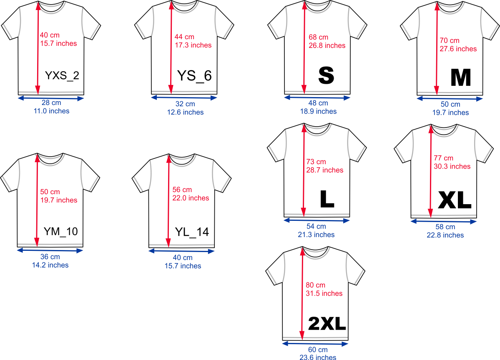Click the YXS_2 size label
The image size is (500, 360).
(62, 76)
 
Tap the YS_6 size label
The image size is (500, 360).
(194, 76)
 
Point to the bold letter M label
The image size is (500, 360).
(461, 77)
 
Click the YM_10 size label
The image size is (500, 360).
(60, 232)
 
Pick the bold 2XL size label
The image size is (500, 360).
(327, 323)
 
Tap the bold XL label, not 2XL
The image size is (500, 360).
(454, 201)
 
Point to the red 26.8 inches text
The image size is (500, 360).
(327, 45)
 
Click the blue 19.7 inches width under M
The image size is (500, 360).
(450, 112)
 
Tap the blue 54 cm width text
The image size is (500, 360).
(316, 226)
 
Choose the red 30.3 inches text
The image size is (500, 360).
(452, 166)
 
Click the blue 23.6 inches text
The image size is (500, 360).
(318, 357)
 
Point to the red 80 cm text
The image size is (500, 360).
(316, 285)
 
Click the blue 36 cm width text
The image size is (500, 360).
(50, 257)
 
